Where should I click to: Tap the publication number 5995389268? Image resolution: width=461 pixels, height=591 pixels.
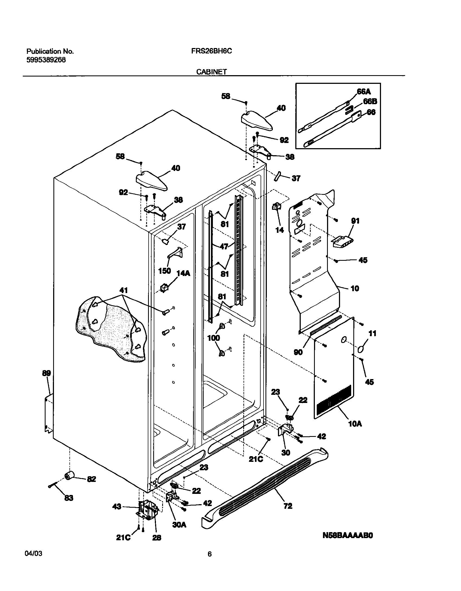click(46, 60)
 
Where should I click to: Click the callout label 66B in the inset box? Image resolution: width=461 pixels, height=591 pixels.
click(370, 101)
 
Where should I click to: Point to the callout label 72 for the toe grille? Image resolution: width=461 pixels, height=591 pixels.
click(288, 506)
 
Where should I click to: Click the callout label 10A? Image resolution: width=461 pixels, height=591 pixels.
click(355, 431)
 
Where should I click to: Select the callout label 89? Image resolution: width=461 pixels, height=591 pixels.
click(46, 373)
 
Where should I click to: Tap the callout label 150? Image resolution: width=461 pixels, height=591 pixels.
click(165, 271)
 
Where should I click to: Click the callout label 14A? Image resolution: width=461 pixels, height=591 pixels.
click(183, 273)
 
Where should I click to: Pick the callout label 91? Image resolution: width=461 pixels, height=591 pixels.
click(355, 221)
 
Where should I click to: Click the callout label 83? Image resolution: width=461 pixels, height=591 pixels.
click(69, 498)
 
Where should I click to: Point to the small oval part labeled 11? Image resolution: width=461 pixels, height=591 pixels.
click(361, 350)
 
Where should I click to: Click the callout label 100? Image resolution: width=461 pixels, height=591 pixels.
click(214, 338)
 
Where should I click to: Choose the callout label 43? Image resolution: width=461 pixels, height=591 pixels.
click(117, 507)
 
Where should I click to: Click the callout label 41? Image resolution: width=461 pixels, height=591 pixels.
click(123, 290)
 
